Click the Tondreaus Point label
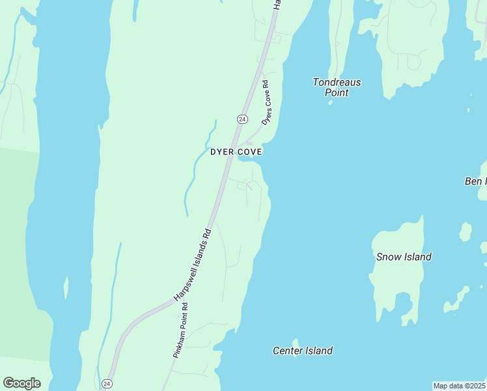point(337,87)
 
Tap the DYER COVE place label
point(236,152)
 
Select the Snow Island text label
point(404,257)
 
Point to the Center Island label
point(302,351)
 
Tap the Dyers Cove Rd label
point(266,102)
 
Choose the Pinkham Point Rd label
point(180,330)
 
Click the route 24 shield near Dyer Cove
point(242,119)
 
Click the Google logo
point(21,383)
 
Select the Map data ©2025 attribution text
point(459,386)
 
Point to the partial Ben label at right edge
point(475,181)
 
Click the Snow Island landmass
point(397,280)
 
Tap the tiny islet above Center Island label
point(296,341)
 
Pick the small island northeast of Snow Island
point(465,231)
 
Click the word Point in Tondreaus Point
point(337,93)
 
